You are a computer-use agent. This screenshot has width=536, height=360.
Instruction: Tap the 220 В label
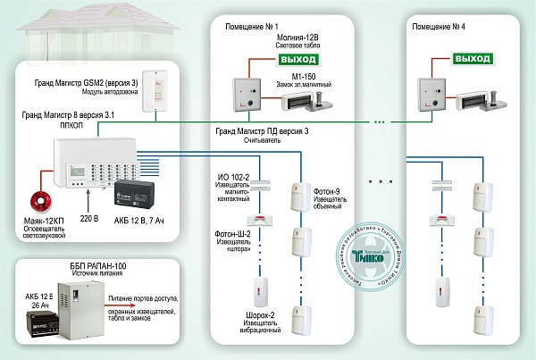[86, 216]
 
